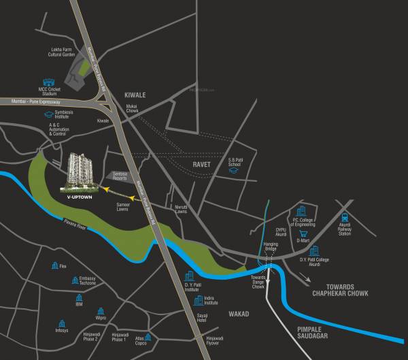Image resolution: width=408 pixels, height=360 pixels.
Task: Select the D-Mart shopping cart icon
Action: (301, 233)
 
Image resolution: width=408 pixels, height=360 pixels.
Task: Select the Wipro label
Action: (101, 318)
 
